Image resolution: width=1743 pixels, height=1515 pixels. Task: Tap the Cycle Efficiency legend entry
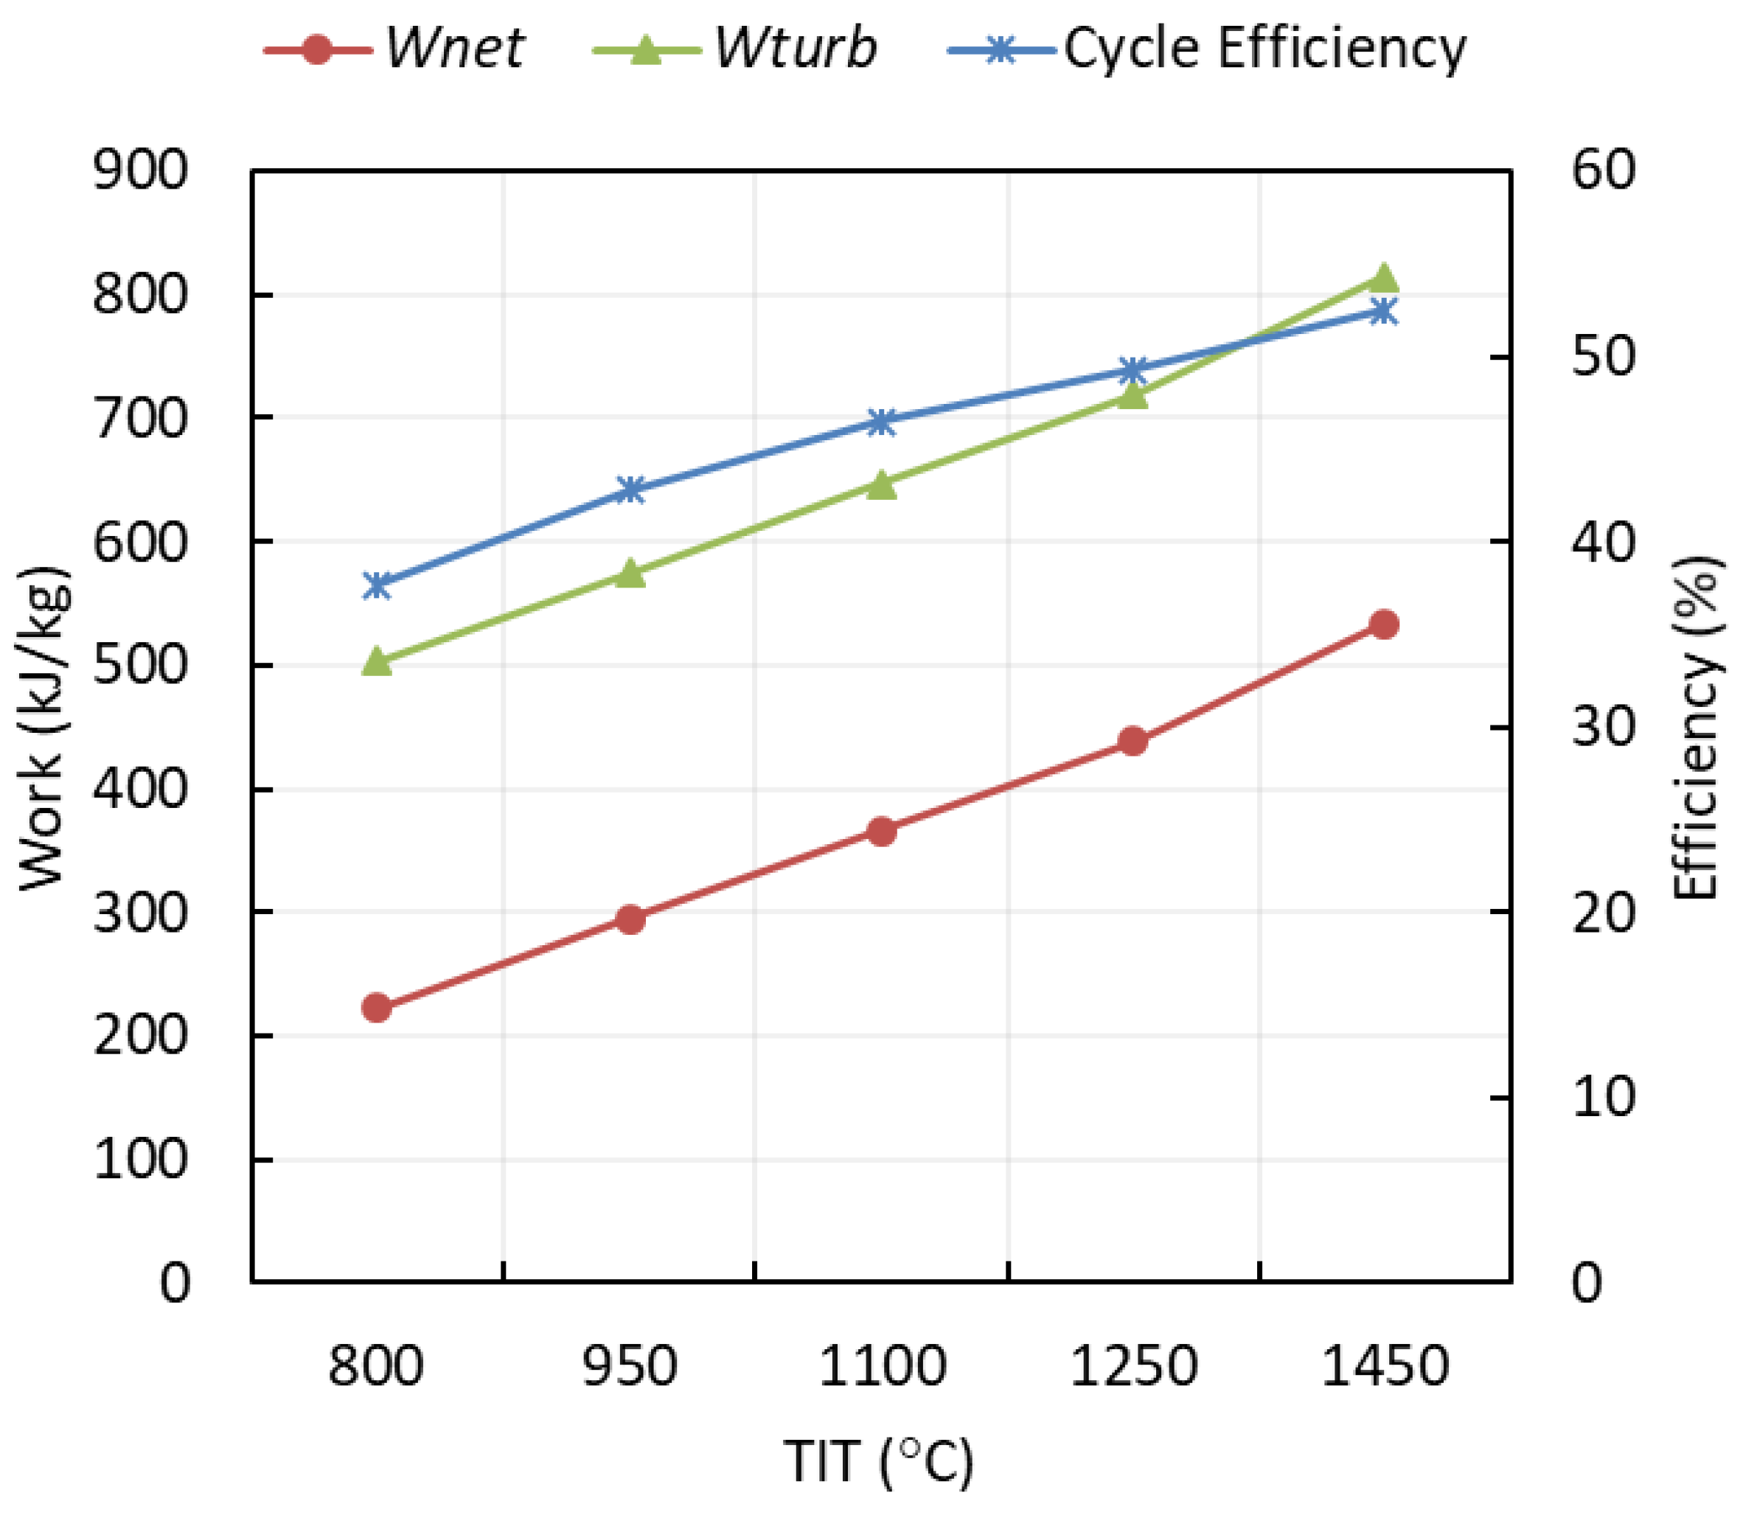[x=1208, y=48]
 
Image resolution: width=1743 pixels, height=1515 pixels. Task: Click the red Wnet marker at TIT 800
[x=377, y=1008]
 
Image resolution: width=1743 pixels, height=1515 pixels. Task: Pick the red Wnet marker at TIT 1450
[x=1384, y=624]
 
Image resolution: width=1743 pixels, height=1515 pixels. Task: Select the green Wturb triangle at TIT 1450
[x=1384, y=278]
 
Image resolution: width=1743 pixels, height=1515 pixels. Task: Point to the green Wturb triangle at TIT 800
[x=377, y=662]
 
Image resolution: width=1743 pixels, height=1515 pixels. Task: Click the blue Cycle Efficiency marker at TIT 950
[x=630, y=490]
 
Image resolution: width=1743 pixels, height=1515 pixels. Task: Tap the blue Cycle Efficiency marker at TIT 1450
[x=1384, y=312]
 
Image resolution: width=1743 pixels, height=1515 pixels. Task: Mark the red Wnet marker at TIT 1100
[x=882, y=831]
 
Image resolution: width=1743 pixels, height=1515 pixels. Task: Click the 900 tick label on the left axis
[x=140, y=171]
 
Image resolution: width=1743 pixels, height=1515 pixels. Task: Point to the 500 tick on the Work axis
[x=140, y=666]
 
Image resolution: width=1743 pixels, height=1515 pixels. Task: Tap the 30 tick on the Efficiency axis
[x=1604, y=726]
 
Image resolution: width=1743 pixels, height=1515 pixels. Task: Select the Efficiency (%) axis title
[x=1697, y=727]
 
